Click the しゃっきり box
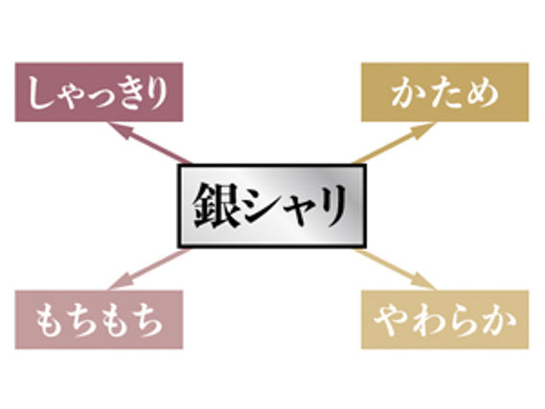(99, 92)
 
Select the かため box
(445, 92)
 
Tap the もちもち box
(99, 320)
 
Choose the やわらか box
(445, 320)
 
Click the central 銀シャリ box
(272, 206)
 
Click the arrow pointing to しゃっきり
(150, 142)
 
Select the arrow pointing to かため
(393, 142)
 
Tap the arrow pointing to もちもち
(150, 269)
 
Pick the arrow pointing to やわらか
(393, 269)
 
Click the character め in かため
(483, 93)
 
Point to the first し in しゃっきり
(37, 92)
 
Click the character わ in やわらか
(427, 320)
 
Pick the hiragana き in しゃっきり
(124, 93)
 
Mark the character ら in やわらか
(461, 320)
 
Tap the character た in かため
(445, 92)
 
